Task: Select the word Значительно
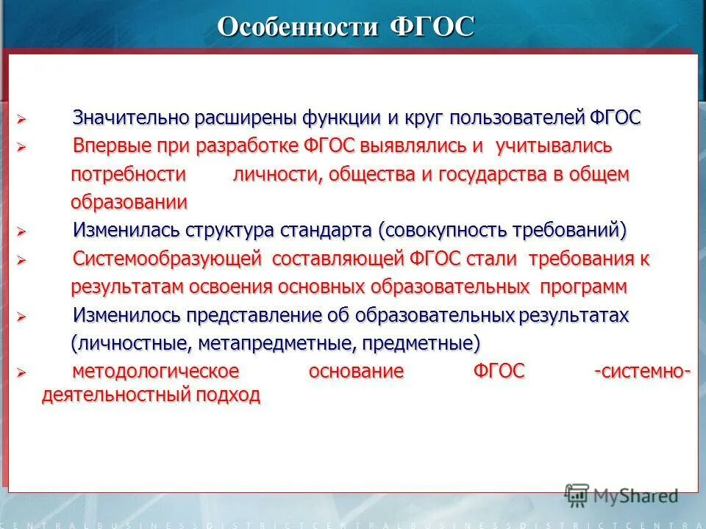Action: click(x=132, y=118)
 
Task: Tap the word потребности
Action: click(x=128, y=175)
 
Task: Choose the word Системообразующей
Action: click(x=168, y=259)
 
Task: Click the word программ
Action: click(x=586, y=286)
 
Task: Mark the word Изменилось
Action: click(x=124, y=315)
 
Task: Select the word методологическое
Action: click(x=155, y=372)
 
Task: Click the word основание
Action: click(x=356, y=372)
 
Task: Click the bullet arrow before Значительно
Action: click(x=21, y=119)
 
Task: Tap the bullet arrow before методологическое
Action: click(x=21, y=373)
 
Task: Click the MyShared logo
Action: click(x=622, y=494)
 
